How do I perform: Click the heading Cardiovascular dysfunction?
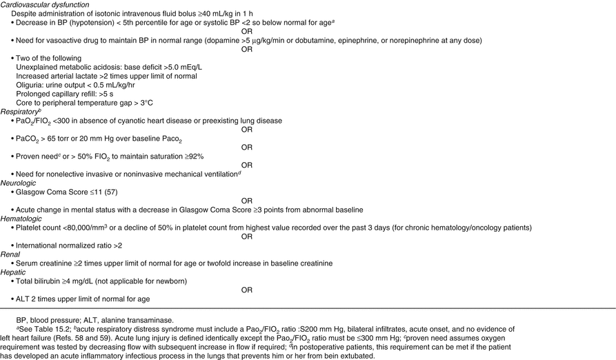(46, 4)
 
